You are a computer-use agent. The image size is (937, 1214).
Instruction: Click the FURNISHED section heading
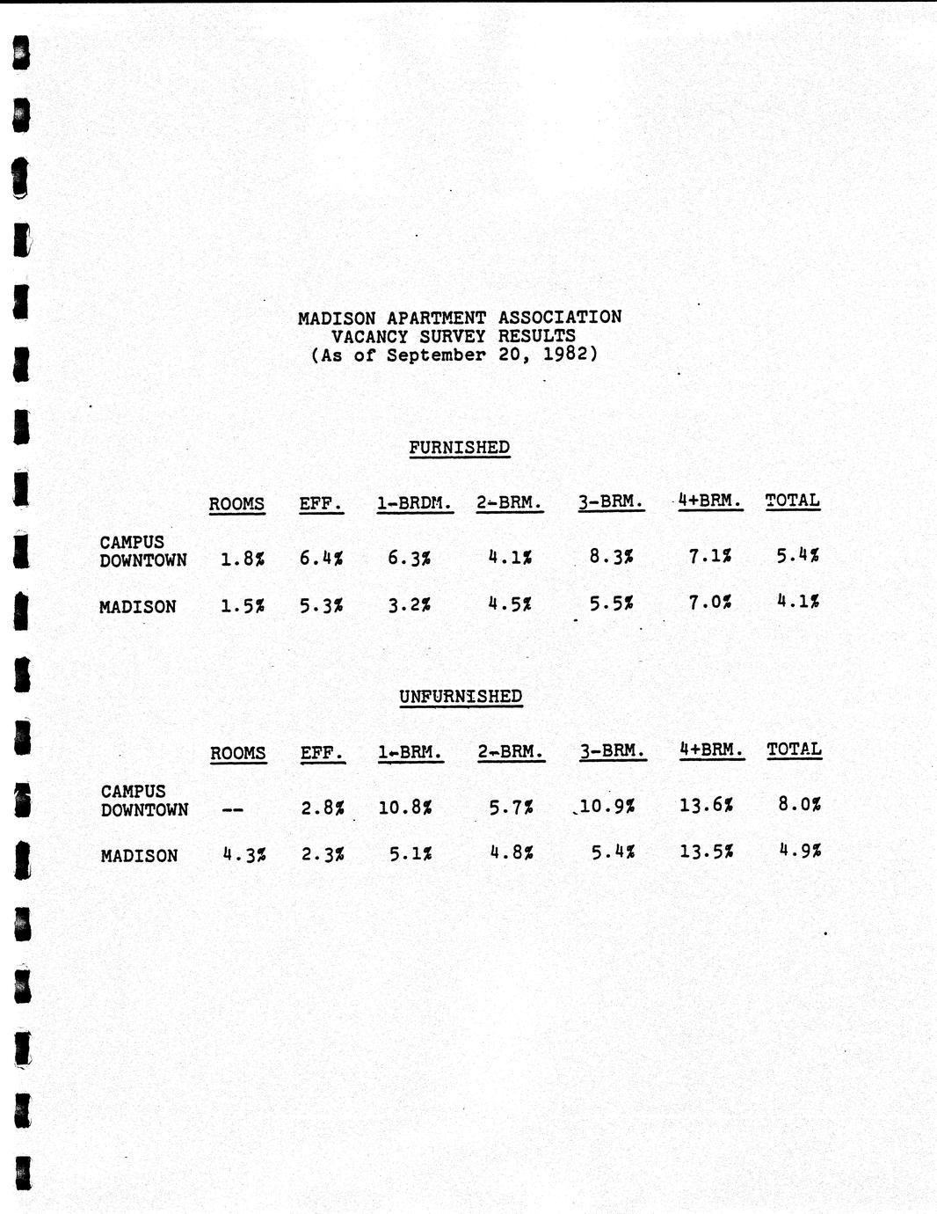(x=459, y=448)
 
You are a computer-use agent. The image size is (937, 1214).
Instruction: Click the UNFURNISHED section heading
(x=461, y=697)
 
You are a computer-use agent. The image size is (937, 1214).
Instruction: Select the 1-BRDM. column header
(x=414, y=504)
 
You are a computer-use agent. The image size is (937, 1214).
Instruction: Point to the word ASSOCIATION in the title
(x=560, y=317)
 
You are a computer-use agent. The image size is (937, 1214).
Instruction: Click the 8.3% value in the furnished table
(x=611, y=556)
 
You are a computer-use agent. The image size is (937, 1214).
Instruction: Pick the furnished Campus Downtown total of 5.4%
(x=798, y=555)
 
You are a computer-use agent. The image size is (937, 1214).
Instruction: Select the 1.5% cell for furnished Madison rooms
(x=243, y=605)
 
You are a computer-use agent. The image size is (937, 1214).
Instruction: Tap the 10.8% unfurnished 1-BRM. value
(x=404, y=806)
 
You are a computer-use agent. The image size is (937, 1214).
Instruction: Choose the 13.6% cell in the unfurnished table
(x=707, y=804)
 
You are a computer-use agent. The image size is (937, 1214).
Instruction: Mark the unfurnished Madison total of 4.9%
(x=800, y=851)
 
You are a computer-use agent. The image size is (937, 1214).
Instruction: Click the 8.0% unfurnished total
(x=800, y=803)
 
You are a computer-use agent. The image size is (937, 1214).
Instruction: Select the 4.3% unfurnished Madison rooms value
(x=244, y=854)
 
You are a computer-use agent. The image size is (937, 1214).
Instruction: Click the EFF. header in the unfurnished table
(x=322, y=754)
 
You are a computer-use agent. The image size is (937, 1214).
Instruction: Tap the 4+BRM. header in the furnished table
(x=709, y=501)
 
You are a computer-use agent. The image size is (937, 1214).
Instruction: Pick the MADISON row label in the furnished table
(x=137, y=607)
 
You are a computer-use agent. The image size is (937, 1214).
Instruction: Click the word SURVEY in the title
(x=448, y=336)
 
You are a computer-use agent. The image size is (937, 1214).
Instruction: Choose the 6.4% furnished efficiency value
(x=321, y=558)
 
